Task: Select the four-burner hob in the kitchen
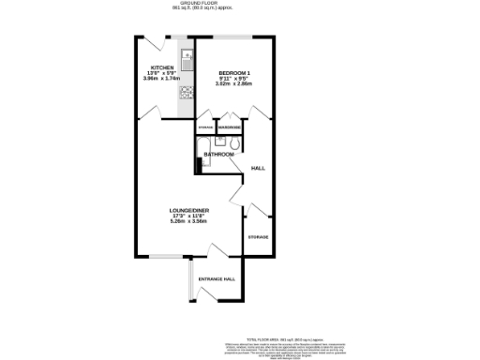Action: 186,92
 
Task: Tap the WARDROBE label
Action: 231,127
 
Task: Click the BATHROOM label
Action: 218,154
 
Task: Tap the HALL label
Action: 258,168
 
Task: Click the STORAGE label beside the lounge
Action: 258,237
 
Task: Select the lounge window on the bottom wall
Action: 166,255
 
